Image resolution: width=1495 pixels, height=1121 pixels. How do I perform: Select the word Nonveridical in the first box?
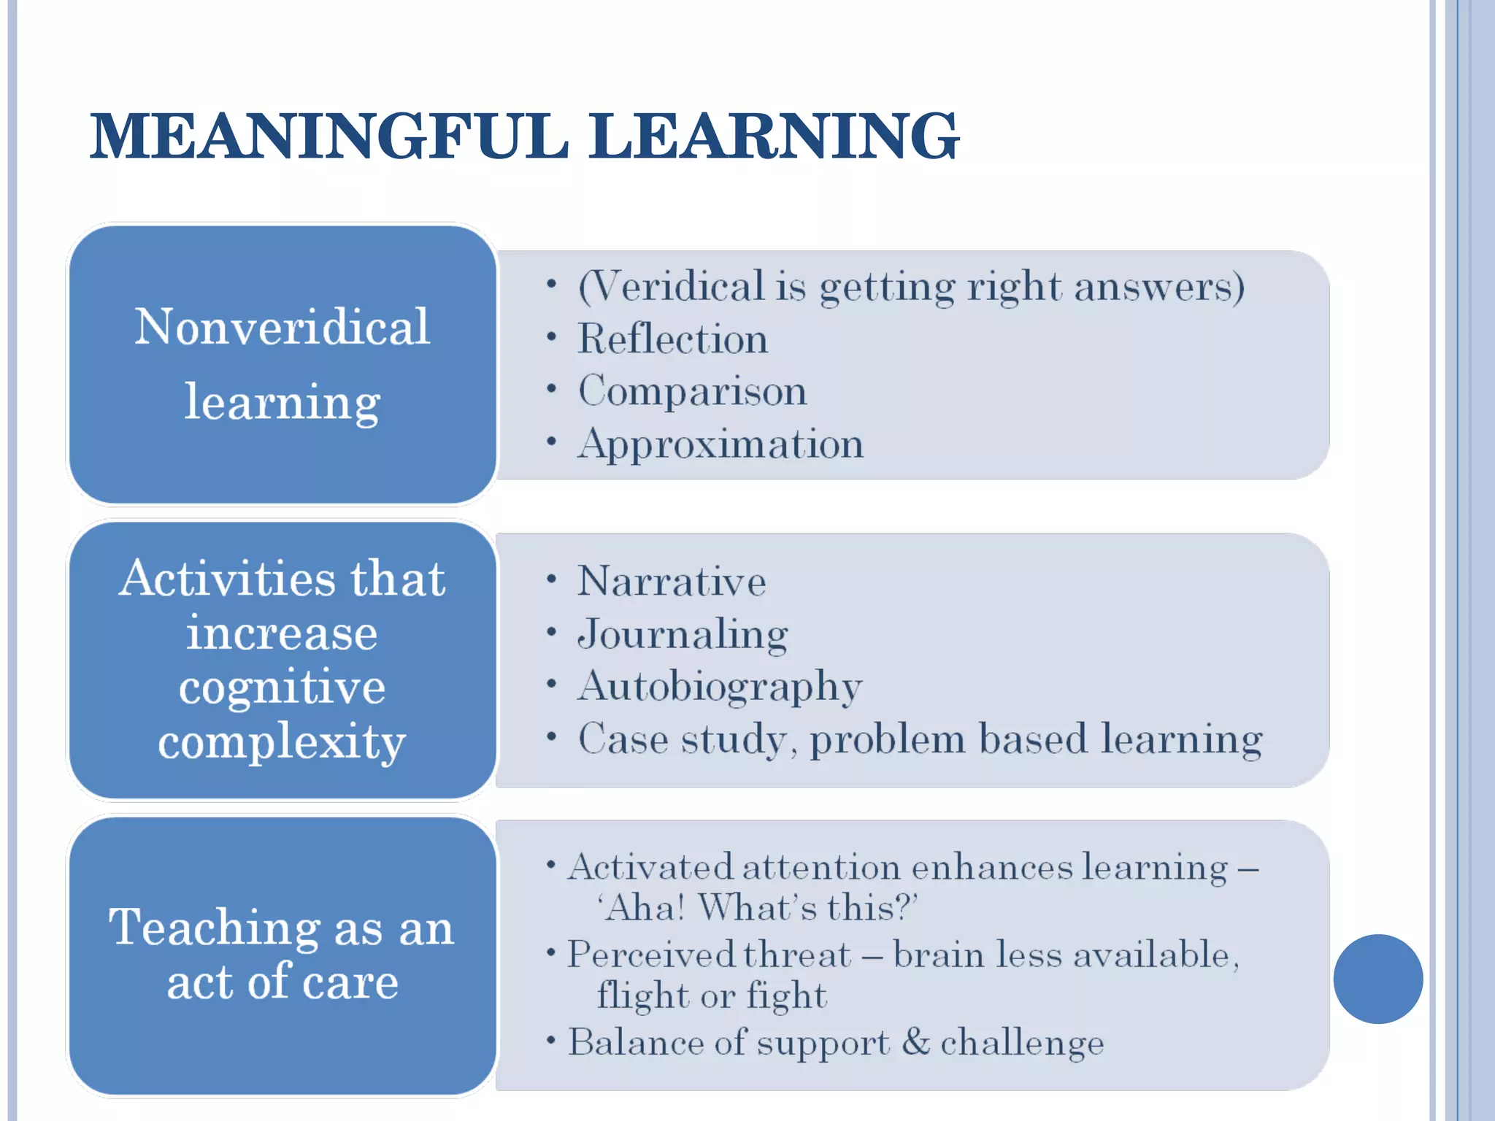[282, 326]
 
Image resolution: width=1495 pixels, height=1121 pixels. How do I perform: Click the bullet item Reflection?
[672, 339]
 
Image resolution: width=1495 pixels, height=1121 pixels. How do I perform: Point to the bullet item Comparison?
[692, 391]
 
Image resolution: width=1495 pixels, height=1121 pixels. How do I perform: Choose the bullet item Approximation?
[720, 444]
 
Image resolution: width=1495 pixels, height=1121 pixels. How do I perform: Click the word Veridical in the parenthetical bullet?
[672, 286]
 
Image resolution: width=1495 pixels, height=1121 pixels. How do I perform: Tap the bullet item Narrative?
[672, 582]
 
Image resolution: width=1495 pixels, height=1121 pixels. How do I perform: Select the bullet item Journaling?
[683, 634]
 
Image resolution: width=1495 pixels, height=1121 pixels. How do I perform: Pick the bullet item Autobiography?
[720, 687]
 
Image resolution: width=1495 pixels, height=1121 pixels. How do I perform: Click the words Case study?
[683, 739]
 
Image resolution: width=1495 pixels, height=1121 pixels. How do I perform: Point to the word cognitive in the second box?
[282, 688]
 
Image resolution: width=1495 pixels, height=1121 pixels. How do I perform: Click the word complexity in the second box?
[282, 742]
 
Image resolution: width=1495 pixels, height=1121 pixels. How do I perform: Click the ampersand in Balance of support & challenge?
[915, 1041]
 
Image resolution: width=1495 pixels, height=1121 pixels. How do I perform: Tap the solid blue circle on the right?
[1377, 979]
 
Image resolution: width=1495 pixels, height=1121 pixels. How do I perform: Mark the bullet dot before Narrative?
[552, 580]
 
